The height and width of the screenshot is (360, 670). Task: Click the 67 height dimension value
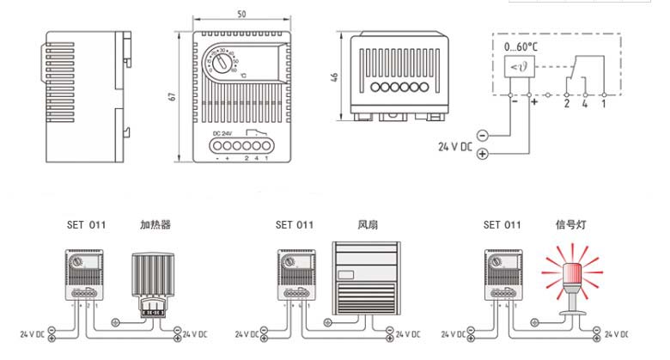coord(172,96)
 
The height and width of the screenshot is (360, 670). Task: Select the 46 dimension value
coord(335,77)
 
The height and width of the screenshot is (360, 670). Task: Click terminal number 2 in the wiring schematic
coord(566,103)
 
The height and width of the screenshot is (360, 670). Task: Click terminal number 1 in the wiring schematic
coord(604,103)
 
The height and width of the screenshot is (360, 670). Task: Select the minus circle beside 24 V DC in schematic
coord(482,136)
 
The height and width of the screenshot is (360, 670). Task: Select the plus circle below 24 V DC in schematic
coord(482,154)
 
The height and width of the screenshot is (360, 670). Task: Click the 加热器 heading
coord(155,225)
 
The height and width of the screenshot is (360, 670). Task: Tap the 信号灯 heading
coord(571,225)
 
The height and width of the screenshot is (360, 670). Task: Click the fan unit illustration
coord(366,277)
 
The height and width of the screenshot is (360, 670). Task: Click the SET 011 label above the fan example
coord(294,225)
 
